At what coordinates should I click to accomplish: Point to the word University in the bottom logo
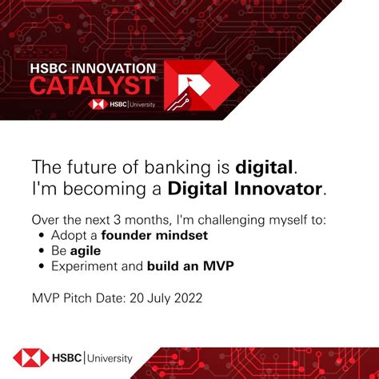coord(110,358)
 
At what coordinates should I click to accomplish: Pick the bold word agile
coord(86,250)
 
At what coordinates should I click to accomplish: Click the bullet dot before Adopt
coord(42,236)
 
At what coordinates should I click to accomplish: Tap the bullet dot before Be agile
coord(42,251)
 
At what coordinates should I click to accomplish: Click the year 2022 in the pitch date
coord(186,297)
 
